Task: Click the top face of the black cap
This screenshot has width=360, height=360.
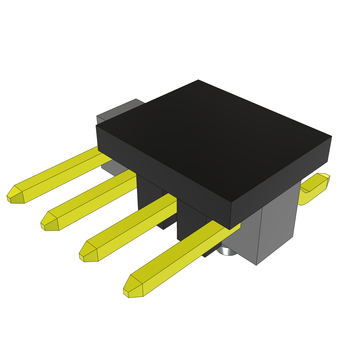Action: [x=211, y=137]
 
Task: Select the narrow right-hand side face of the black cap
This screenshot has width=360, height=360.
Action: [x=281, y=183]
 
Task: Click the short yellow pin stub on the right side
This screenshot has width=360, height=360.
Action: [x=315, y=186]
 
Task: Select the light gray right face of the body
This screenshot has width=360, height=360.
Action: [x=278, y=225]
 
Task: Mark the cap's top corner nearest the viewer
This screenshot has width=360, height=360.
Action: [x=231, y=202]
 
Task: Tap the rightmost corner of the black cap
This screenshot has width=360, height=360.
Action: [x=331, y=137]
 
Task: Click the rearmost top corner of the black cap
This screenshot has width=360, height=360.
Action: [x=198, y=80]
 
